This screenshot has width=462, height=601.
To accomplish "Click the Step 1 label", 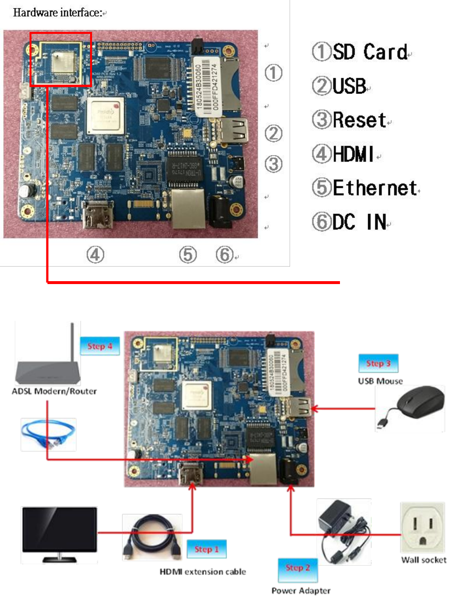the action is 206,549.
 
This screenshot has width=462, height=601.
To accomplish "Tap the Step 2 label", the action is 297,568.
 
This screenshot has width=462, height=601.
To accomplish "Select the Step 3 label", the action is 378,363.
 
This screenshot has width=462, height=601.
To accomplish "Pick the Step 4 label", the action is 100,346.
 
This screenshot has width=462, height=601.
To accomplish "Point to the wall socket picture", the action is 422,528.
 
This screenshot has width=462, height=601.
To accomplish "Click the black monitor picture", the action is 59,534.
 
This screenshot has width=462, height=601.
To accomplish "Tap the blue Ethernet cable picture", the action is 48,435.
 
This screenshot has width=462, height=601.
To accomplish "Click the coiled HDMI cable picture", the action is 152,536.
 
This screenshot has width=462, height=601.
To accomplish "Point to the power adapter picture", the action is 343,531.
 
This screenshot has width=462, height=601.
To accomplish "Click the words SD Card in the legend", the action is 370,52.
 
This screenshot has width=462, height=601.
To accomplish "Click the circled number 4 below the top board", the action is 95,255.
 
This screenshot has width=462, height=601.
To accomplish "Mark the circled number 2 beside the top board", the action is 274,133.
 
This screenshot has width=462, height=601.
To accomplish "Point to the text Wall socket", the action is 424,560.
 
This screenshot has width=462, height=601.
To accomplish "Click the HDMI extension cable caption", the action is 202,571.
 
